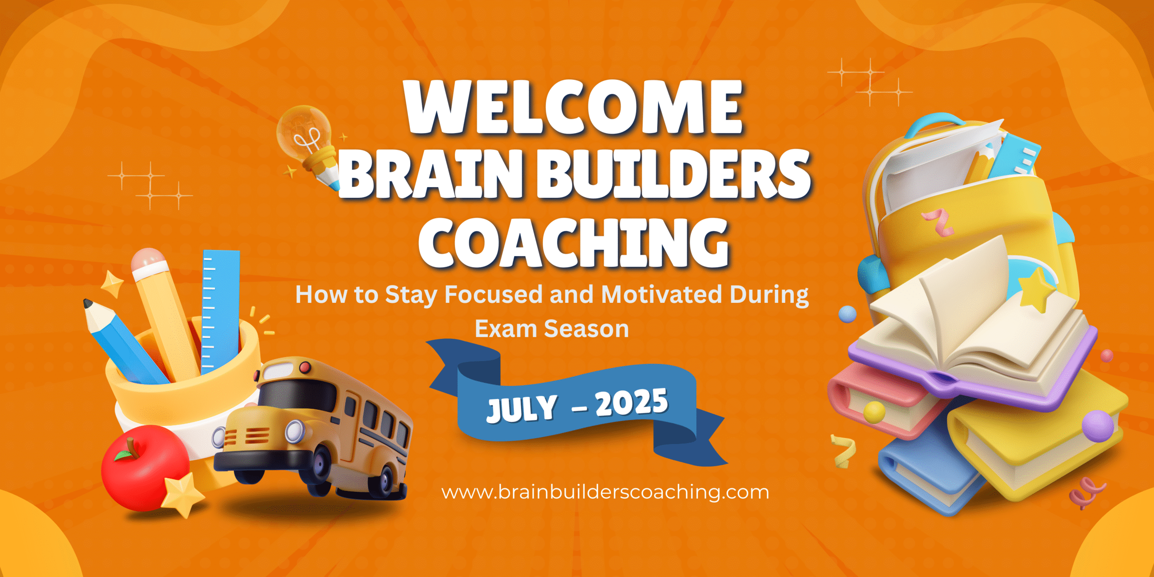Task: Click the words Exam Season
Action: tap(552, 329)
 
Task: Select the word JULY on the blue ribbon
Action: tap(522, 408)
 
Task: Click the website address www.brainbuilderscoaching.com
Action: tap(605, 492)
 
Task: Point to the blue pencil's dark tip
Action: tap(87, 304)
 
